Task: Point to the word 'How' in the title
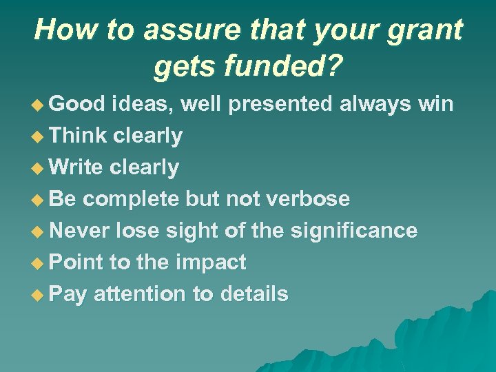click(59, 30)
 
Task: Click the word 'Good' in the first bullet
click(77, 104)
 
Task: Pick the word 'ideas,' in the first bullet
click(143, 104)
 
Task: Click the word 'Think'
click(79, 136)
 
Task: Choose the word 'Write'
click(76, 167)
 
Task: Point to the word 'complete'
click(132, 199)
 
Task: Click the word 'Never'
click(80, 231)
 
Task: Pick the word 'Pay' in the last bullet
click(68, 294)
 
